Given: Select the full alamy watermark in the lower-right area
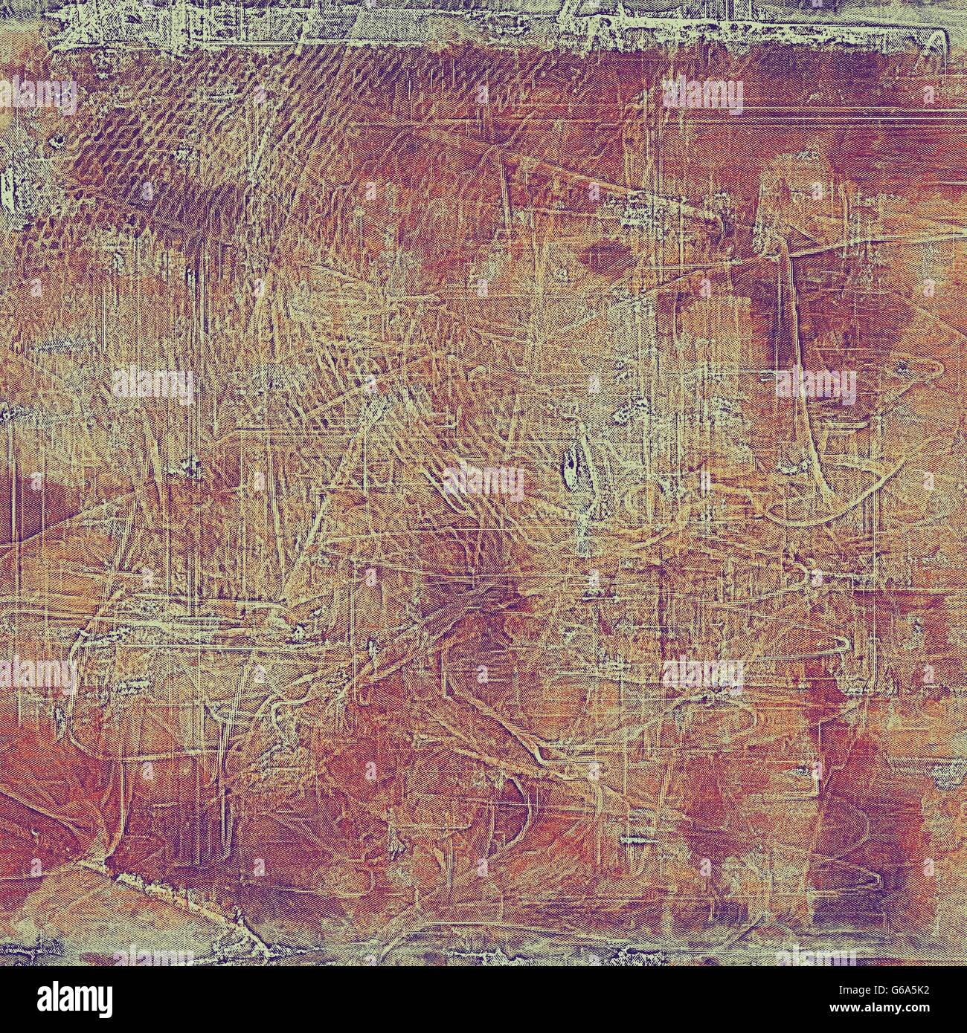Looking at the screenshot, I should pyautogui.click(x=702, y=674).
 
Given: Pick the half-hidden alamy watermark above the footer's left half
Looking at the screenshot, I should pyautogui.click(x=153, y=954).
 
